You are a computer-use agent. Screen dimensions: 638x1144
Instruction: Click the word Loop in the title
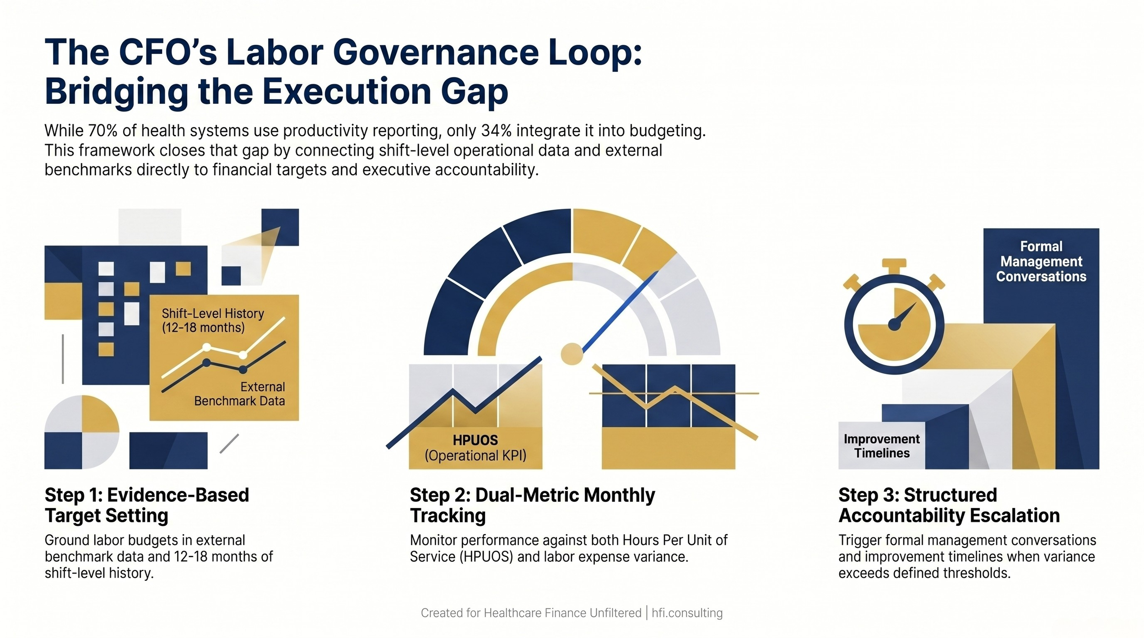point(594,53)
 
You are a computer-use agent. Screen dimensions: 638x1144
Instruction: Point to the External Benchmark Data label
point(239,394)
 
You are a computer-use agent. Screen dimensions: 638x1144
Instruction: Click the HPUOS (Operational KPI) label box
point(475,448)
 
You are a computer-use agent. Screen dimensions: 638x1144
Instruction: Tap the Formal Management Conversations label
point(1041,261)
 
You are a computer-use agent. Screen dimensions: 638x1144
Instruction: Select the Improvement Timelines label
point(881,446)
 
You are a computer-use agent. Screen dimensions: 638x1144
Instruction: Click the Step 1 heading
point(146,505)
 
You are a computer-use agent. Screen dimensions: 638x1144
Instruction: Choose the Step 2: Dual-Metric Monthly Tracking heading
point(532,505)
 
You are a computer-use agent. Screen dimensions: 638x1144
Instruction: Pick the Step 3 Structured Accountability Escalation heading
point(949,505)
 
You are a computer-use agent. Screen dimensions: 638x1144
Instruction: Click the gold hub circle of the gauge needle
point(572,354)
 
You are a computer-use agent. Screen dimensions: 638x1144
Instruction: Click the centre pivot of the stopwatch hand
point(894,325)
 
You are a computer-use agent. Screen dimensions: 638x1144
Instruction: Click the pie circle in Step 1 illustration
point(81,432)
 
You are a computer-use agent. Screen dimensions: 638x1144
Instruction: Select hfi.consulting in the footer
point(687,613)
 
